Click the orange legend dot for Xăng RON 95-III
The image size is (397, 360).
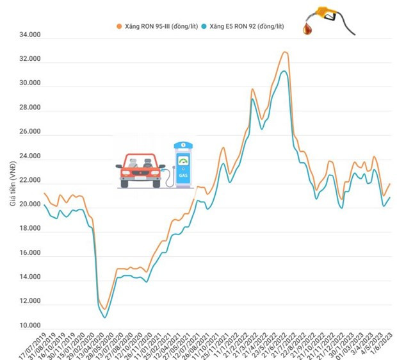[118, 27]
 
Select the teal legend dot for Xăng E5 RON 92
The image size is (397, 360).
[204, 27]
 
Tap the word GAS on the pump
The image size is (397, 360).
[184, 174]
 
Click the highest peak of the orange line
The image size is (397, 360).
[284, 52]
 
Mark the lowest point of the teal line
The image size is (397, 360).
[105, 317]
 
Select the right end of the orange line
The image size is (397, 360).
[390, 184]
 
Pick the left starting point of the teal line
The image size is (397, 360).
[44, 206]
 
